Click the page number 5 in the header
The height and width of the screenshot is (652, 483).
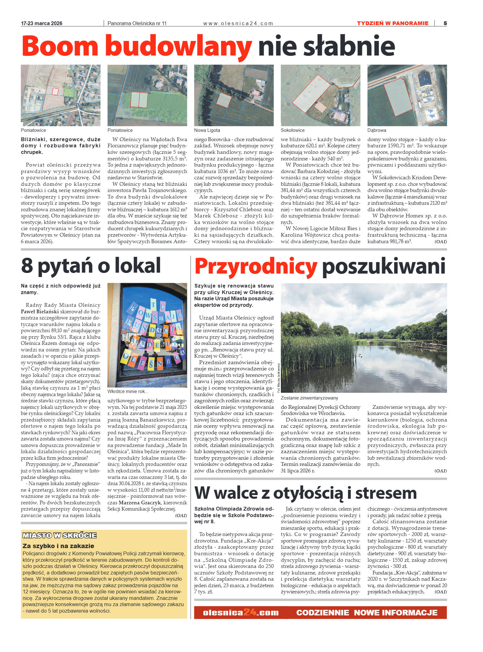tap(445, 23)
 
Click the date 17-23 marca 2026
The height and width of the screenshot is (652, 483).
tap(42, 24)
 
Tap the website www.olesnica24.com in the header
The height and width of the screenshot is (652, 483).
tap(238, 24)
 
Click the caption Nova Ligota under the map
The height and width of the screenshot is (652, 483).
tap(207, 130)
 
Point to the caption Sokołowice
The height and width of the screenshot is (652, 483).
tap(292, 130)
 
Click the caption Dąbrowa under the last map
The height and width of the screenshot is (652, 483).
tap(376, 130)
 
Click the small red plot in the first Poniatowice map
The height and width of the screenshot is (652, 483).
tap(55, 92)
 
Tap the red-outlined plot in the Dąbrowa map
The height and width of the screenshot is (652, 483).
tap(398, 97)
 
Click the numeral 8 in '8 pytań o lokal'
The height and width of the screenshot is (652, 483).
tap(27, 266)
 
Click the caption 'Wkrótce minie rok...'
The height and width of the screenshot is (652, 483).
tap(128, 391)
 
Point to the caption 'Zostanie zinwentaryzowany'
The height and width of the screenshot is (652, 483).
tap(309, 398)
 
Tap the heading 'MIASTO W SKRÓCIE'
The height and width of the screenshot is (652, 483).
tap(60, 536)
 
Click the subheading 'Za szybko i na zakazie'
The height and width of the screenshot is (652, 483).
tap(58, 546)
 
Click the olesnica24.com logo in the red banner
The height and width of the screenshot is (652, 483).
tap(241, 613)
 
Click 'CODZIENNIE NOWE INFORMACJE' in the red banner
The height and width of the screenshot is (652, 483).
tap(366, 613)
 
